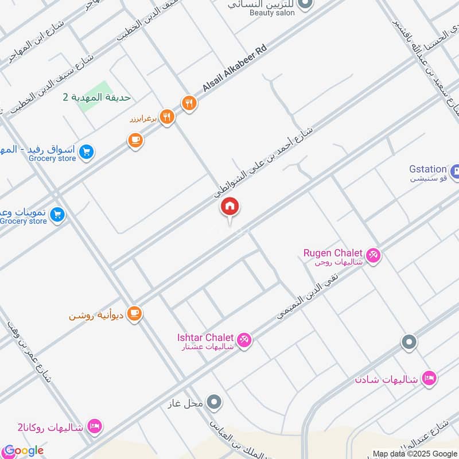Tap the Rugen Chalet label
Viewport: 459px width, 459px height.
pos(333,253)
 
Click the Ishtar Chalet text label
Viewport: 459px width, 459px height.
pos(205,337)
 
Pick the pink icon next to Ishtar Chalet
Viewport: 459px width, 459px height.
pos(244,340)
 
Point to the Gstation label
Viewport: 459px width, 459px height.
pos(427,169)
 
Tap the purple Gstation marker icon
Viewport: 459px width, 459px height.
pos(455,172)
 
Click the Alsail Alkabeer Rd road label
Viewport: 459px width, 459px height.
pos(235,69)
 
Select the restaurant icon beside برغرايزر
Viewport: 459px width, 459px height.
pos(167,118)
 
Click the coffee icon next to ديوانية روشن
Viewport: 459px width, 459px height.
pos(135,314)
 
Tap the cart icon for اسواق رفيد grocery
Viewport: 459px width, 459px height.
pos(87,152)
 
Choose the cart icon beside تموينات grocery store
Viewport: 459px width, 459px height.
pos(57,215)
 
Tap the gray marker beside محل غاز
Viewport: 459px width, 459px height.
pos(215,402)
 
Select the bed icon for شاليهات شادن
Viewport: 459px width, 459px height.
pos(429,379)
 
